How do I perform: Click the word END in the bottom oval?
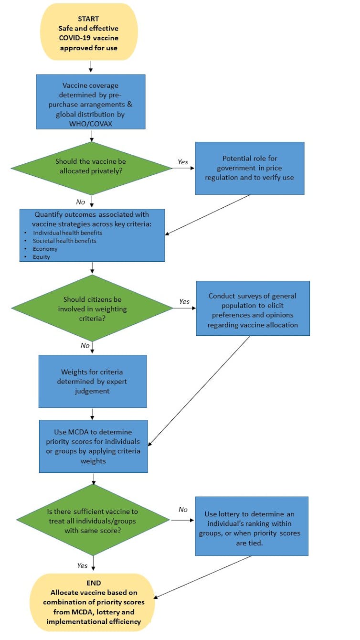coord(93,583)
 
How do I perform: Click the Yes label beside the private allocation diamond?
coord(183,162)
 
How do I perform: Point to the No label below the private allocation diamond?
coord(81,202)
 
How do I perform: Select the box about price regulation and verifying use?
coord(249,168)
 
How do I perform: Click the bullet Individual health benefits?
coord(67,233)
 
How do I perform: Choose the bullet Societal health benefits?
coord(64,241)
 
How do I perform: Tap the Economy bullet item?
coord(45,249)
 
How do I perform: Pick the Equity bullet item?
coord(42,257)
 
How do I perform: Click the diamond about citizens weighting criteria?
coord(92,308)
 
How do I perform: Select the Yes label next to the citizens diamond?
coord(184,301)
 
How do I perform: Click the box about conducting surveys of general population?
coord(253,308)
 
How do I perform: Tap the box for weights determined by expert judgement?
coord(93,381)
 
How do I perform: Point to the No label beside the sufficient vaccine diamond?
coord(183,510)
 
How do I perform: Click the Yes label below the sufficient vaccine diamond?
coord(82,565)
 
